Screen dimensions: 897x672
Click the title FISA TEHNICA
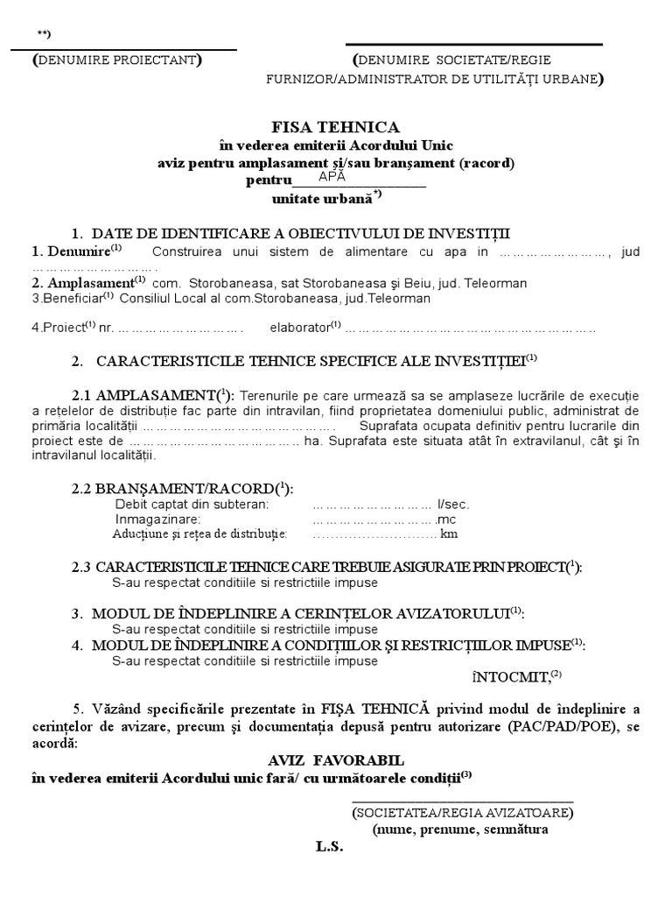coord(335,126)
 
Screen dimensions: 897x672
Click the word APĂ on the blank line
coord(332,176)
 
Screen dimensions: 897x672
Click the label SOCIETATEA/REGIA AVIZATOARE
coord(464,812)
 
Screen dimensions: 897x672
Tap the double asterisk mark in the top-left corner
coord(44,34)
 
